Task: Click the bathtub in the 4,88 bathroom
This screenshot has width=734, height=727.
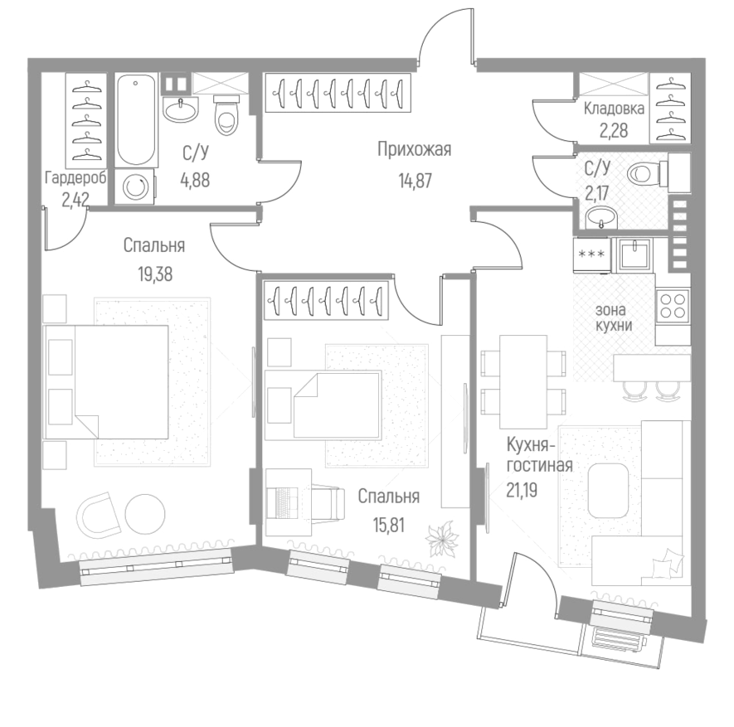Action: point(137,121)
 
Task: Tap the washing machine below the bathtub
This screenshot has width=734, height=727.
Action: point(136,187)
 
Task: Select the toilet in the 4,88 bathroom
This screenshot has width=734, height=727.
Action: point(226,115)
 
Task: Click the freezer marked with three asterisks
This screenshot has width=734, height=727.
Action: point(591,254)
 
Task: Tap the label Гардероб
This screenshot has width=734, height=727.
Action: point(75,178)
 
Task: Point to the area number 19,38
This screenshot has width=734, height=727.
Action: point(154,275)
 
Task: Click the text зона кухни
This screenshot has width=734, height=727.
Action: point(614,317)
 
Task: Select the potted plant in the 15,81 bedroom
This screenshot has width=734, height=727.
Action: point(441,540)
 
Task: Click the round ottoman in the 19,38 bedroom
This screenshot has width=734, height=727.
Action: point(146,514)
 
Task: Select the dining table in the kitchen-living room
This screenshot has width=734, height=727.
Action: point(523,377)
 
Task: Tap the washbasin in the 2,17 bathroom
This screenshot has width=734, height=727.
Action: point(600,219)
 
